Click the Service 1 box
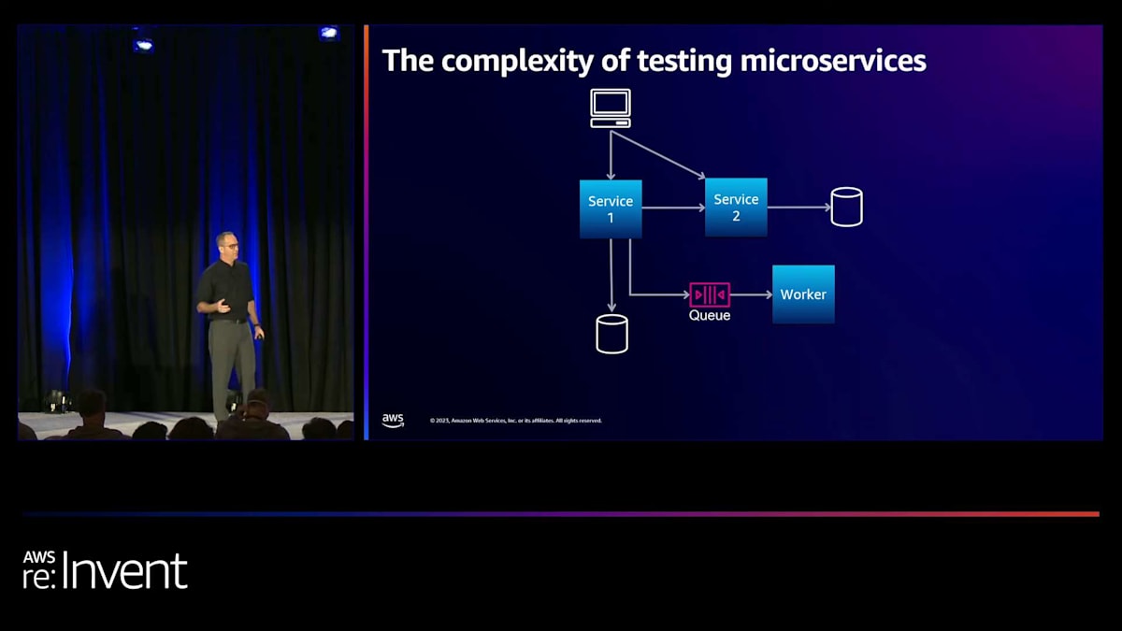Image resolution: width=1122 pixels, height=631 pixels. pos(611,208)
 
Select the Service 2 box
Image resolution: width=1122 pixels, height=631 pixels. pos(736,207)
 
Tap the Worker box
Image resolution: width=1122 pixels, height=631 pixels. pos(803,294)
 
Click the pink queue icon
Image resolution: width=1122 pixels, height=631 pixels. pos(710,294)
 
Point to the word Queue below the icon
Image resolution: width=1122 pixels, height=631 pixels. pos(710,316)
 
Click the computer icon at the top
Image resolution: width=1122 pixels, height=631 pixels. pos(611,108)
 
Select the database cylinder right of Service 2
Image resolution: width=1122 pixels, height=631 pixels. pos(846,207)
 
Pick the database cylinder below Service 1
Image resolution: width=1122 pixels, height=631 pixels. pos(611,334)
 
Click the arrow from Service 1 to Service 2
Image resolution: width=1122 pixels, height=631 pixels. pos(673,208)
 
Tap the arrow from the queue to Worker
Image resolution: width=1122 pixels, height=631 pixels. pos(751,294)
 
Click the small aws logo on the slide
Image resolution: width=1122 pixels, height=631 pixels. pos(393,421)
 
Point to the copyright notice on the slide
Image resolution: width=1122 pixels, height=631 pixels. pos(515,421)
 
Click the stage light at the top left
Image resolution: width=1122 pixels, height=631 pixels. pos(142,44)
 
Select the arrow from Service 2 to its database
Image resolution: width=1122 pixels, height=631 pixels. pos(798,208)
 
